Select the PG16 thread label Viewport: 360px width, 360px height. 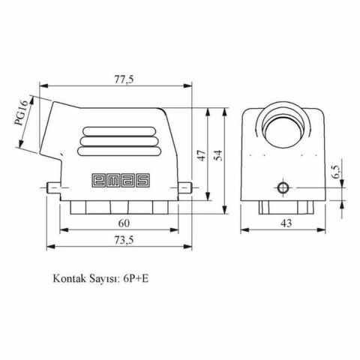(20, 114)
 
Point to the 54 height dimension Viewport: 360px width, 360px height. (218, 154)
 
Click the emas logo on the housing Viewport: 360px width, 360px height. (119, 179)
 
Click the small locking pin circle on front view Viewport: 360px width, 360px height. (283, 188)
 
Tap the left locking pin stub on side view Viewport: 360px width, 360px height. (51, 187)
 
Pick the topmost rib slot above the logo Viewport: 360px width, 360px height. (119, 130)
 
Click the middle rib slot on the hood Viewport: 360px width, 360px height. (119, 140)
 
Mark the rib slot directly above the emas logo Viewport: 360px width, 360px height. (119, 150)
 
